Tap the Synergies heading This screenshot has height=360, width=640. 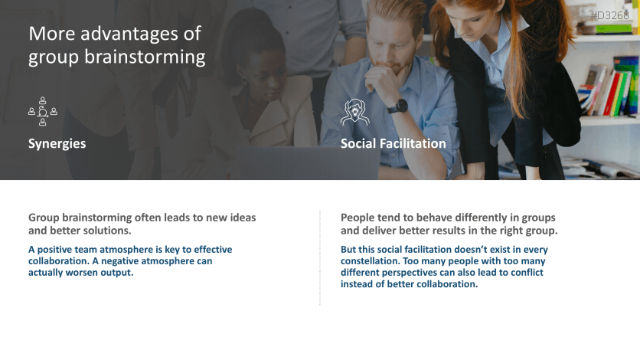tap(57, 144)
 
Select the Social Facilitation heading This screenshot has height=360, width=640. tap(393, 144)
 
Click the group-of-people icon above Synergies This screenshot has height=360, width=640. tap(43, 112)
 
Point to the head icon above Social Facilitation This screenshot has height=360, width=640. tap(354, 112)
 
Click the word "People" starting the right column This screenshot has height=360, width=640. tap(358, 218)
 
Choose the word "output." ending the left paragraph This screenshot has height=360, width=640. tap(116, 273)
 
